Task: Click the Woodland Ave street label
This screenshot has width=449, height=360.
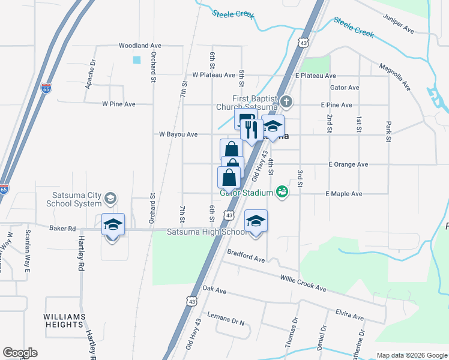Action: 140,46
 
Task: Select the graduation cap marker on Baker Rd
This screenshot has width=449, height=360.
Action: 113,225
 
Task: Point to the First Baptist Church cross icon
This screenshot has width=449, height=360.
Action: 286,101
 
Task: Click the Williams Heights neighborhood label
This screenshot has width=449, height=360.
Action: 64,320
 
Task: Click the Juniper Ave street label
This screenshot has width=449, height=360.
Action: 397,28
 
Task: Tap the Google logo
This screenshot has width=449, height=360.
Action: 20,353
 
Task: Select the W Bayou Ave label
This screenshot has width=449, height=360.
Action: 178,135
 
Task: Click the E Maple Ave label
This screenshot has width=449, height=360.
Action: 344,194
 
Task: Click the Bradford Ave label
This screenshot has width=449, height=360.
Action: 246,256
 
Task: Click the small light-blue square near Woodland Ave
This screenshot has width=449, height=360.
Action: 137,60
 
